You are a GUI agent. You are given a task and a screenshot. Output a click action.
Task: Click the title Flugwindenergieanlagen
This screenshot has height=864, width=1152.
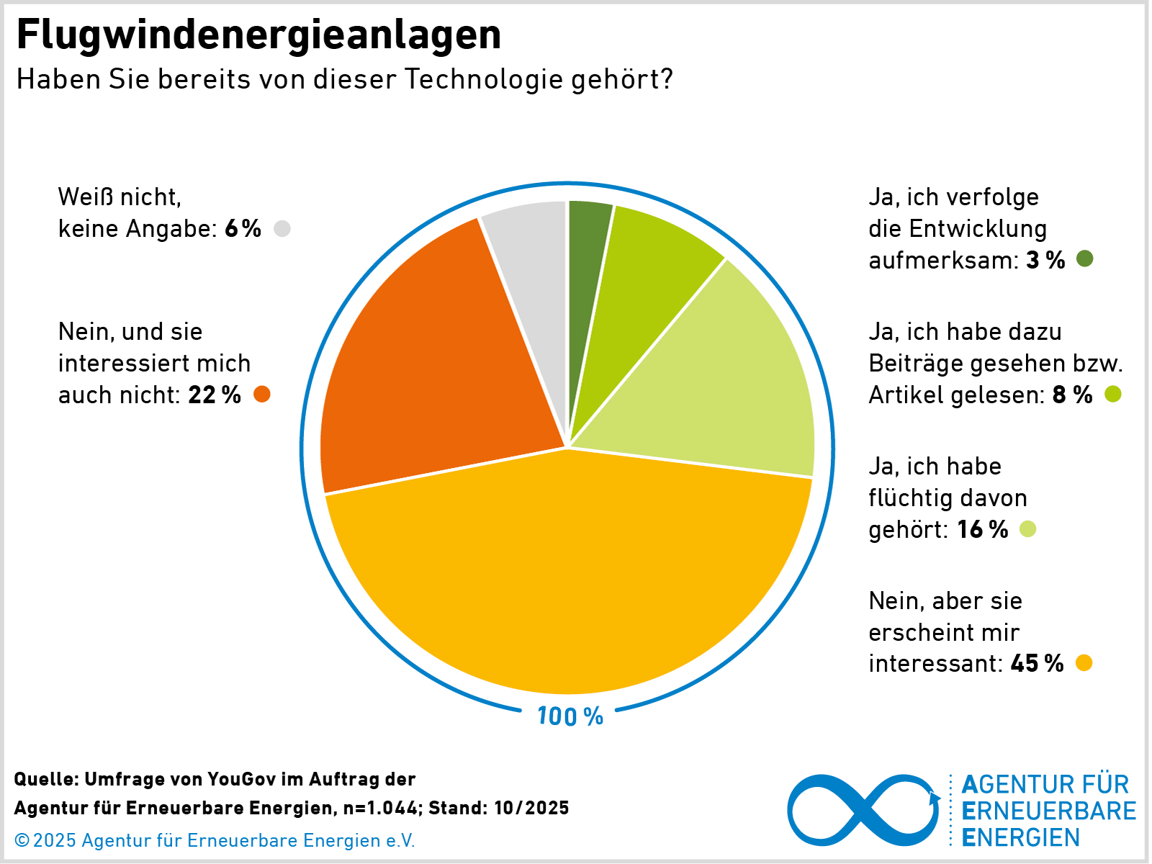pos(258,35)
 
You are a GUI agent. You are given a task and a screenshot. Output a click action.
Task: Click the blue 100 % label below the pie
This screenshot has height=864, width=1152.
pos(570,716)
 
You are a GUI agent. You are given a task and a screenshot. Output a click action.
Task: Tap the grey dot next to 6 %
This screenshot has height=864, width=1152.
pos(282,228)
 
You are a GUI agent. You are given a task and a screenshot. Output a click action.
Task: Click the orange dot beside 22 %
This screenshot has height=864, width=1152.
pos(262,395)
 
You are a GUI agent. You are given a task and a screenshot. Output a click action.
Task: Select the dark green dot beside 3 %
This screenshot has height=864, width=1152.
pos(1084,259)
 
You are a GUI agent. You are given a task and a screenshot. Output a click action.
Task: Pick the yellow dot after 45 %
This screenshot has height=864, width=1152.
pos(1084,663)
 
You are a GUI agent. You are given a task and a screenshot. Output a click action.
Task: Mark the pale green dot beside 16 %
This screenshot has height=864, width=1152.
pos(1028,529)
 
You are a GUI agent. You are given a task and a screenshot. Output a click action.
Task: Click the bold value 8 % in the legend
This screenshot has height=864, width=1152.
pos(1072,395)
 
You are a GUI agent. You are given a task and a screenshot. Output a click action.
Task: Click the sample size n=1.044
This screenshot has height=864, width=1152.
pos(380,808)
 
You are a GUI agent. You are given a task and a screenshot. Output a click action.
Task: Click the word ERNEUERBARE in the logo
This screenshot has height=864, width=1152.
pos(1049,811)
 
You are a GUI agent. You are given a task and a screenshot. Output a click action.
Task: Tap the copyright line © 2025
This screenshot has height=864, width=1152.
pos(215,840)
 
